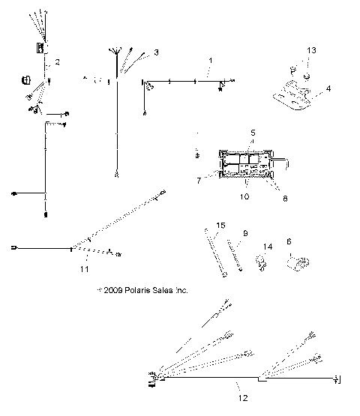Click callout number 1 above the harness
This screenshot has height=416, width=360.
tap(211, 60)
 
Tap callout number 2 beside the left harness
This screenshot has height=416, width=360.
tap(57, 61)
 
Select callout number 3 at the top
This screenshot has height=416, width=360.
tap(155, 52)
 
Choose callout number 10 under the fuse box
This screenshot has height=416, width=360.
tap(244, 198)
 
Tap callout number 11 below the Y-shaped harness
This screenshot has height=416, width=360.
tap(84, 268)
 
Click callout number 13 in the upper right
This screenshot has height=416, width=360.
tap(311, 49)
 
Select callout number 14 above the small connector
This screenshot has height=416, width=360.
tap(268, 247)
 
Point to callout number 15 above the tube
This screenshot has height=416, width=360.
tap(220, 226)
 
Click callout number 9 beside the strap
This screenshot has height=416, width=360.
tap(244, 233)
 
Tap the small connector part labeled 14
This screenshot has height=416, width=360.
tap(262, 262)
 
